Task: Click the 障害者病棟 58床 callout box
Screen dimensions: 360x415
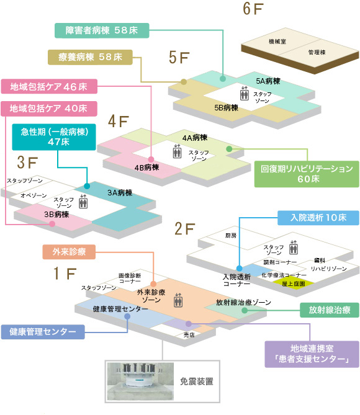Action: click(102, 30)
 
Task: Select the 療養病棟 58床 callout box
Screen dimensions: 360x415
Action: click(90, 57)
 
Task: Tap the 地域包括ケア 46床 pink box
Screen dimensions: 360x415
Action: click(49, 87)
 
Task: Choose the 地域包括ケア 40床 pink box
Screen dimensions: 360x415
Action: click(49, 109)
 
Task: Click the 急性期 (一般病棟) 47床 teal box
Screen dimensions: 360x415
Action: click(54, 137)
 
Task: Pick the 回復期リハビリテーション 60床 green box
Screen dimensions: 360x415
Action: click(307, 174)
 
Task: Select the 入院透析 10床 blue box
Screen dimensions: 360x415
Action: click(318, 218)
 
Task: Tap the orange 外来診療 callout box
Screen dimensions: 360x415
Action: click(69, 252)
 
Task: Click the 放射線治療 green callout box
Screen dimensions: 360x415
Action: click(330, 310)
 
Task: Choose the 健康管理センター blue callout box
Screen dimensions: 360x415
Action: click(43, 332)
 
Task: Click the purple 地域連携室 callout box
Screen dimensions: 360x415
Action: click(312, 354)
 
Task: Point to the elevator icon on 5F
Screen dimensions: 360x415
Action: click(244, 94)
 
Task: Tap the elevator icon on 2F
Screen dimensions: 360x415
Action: click(293, 247)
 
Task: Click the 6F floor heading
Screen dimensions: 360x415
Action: click(253, 9)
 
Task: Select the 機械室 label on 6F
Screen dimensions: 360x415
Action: click(277, 42)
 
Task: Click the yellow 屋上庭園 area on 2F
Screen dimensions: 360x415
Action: click(294, 283)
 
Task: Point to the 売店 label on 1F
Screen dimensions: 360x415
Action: click(189, 335)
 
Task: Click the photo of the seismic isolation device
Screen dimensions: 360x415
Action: click(140, 382)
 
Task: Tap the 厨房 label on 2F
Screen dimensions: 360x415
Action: click(231, 235)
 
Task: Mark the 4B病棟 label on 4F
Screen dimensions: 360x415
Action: click(146, 167)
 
